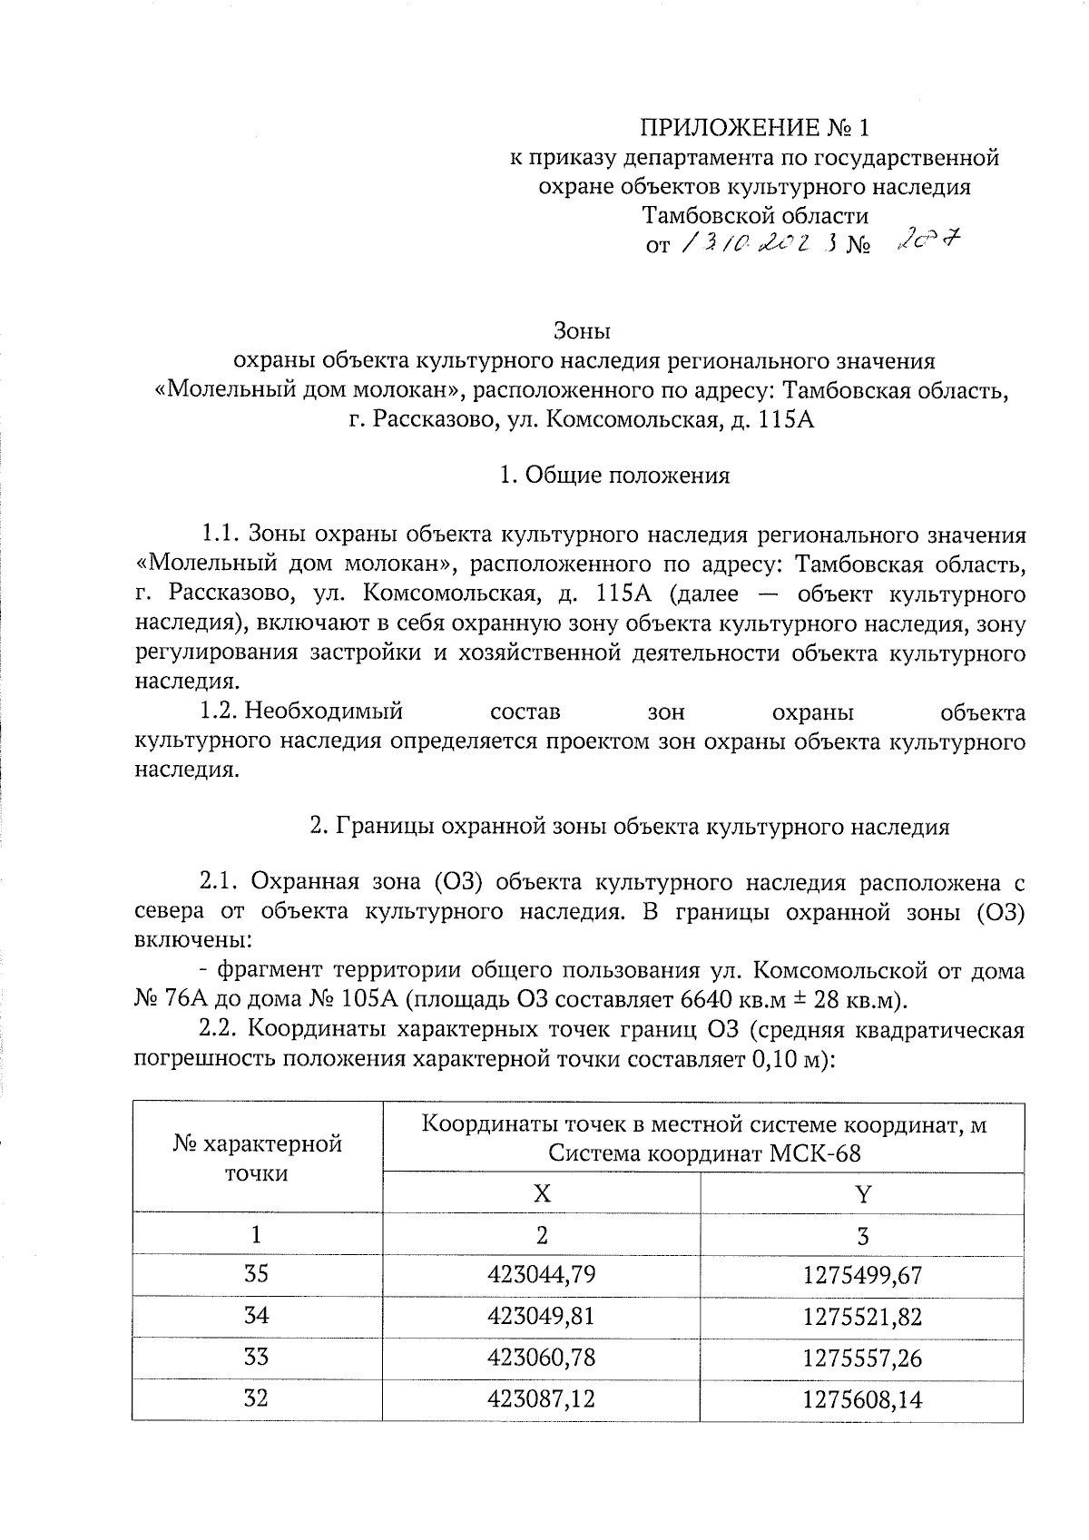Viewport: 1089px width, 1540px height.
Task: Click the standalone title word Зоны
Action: coord(584,330)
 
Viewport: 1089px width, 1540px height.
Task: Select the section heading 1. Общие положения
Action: coord(614,476)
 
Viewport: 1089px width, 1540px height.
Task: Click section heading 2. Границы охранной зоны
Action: coord(629,827)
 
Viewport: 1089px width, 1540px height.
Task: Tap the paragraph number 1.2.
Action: coord(219,712)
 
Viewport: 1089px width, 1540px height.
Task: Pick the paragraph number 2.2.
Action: coord(218,1030)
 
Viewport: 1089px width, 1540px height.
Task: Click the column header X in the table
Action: coord(541,1193)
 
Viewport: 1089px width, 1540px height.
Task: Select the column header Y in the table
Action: coord(862,1193)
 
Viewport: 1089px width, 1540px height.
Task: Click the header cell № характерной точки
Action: coord(257,1157)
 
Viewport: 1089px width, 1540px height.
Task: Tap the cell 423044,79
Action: coord(541,1275)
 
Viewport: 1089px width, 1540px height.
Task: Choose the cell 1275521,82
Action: coord(862,1317)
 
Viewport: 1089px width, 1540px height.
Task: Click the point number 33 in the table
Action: coord(257,1358)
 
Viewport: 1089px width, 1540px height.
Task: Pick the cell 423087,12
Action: coord(541,1399)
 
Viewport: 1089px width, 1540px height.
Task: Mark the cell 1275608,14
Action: coord(862,1399)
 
